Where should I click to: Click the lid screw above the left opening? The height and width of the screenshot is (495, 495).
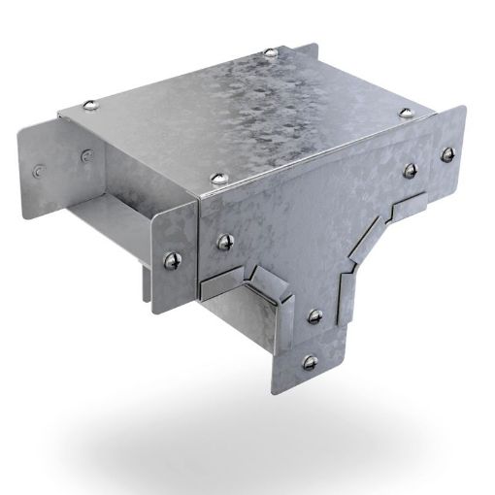[91, 105]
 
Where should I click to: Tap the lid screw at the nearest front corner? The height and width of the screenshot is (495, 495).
[214, 177]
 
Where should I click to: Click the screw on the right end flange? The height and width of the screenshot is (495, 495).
[447, 152]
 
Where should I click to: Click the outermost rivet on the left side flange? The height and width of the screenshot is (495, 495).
[39, 169]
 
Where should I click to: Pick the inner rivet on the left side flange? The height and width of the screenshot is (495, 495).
[86, 152]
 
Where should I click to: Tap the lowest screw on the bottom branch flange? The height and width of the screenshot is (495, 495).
[311, 362]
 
